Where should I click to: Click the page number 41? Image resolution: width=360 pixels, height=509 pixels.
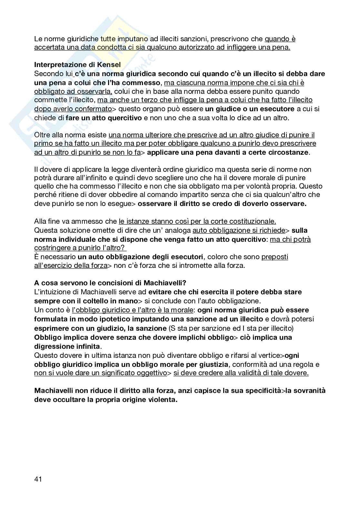click(38, 479)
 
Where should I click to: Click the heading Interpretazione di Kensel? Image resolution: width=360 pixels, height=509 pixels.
click(77, 64)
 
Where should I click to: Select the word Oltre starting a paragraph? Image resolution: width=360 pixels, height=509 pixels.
click(42, 135)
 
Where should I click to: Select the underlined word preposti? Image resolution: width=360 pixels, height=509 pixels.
click(275, 257)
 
